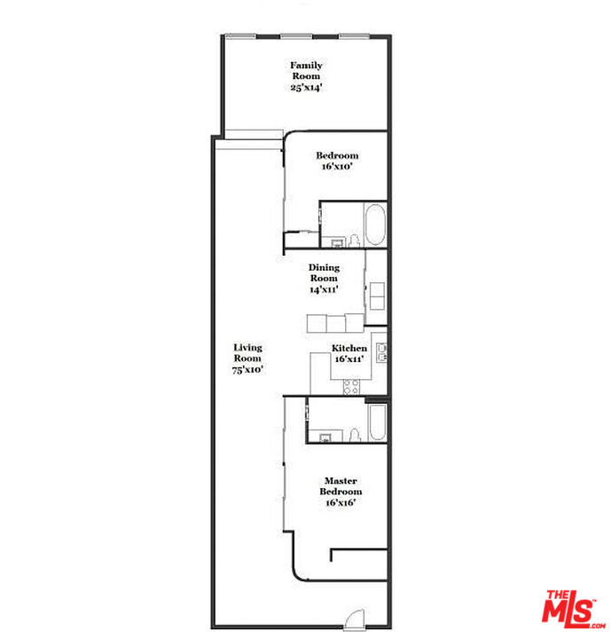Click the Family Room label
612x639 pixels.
coord(306,70)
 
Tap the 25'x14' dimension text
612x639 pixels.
coord(306,86)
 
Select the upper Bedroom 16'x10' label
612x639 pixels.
coord(337,161)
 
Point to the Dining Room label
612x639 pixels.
coord(323,272)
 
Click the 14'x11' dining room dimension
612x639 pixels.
coord(323,289)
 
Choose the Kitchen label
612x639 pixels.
coord(349,349)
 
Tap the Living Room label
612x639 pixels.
coord(247,352)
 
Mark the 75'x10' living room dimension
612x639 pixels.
coord(247,368)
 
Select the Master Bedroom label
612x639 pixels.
coord(341,486)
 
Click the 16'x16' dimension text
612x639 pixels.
coord(341,502)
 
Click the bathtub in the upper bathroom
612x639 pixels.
coord(375,225)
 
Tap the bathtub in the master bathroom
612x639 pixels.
coord(376,424)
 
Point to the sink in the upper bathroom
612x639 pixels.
coord(337,242)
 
